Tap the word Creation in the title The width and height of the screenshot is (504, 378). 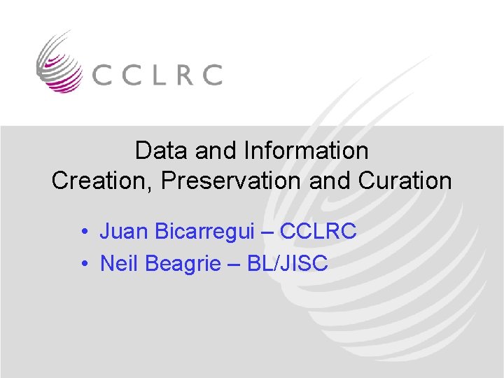pyautogui.click(x=102, y=181)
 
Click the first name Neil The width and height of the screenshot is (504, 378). pyautogui.click(x=119, y=263)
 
